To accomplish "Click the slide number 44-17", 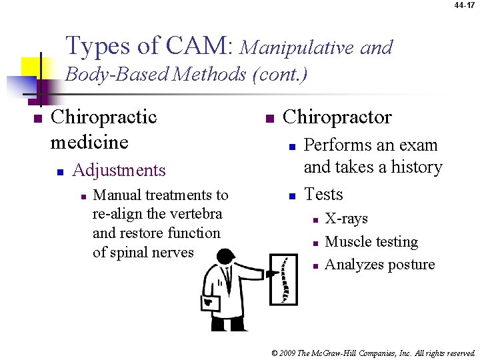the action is (465, 5).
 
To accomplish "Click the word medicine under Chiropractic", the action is (89, 142).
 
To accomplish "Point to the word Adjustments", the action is (119, 170).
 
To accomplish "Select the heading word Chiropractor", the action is (337, 117).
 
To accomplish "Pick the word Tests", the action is (323, 194).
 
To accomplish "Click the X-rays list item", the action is (346, 219).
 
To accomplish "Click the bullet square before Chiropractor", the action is (269, 119).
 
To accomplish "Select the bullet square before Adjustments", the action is (60, 171).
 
